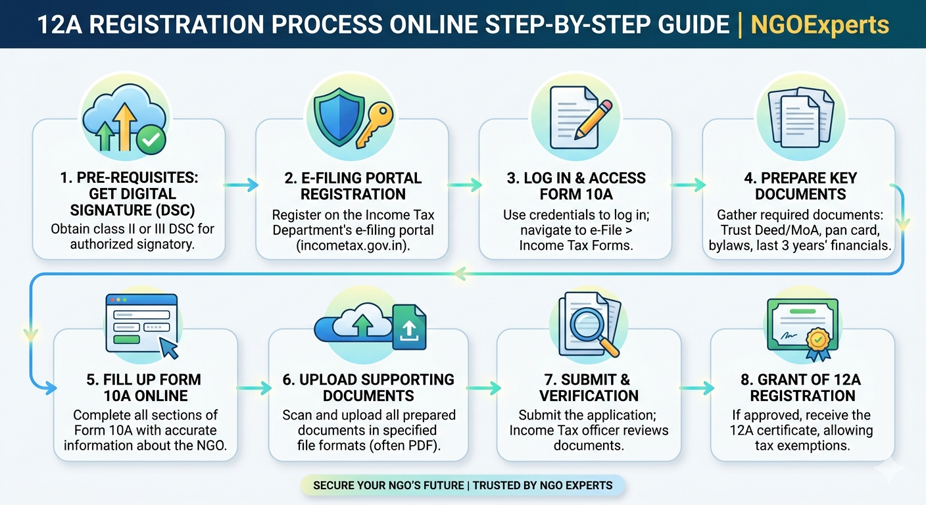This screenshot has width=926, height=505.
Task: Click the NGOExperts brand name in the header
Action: (x=819, y=25)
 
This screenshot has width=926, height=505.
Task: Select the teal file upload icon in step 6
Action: (x=409, y=326)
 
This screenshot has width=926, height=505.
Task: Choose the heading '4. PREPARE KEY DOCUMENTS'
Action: (x=800, y=186)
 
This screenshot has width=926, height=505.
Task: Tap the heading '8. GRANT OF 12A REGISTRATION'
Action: (x=802, y=387)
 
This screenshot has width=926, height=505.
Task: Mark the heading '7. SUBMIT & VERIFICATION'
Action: (x=589, y=387)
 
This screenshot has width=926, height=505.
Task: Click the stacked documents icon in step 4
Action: (x=800, y=116)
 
